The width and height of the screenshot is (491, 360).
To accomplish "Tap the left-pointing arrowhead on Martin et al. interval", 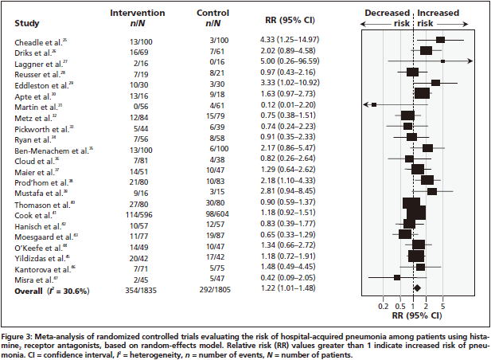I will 364,104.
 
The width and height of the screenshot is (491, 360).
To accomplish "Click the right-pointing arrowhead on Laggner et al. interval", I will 472,61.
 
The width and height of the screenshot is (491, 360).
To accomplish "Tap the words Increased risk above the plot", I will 443,19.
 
